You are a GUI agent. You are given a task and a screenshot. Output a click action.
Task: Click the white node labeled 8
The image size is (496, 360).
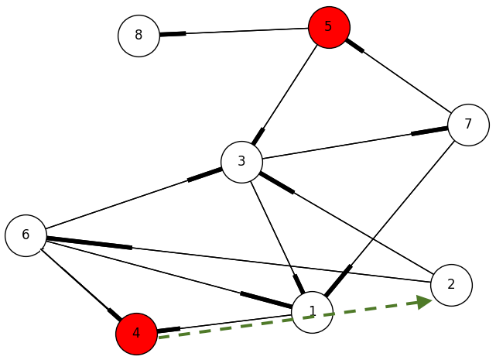139,36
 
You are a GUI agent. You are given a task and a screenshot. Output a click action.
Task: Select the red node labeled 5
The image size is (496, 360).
329,27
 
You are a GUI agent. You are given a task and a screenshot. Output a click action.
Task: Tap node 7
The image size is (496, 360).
468,125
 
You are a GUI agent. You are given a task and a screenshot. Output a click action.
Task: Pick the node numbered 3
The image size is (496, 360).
241,162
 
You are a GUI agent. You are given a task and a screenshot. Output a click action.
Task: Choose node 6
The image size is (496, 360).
26,235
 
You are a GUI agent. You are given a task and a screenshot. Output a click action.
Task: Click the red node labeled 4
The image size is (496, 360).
136,334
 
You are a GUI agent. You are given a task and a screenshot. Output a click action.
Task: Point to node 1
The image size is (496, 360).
313,312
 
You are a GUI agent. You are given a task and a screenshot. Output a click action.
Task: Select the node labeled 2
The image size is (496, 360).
451,285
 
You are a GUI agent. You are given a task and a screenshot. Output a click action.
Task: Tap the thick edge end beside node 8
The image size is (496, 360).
173,34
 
